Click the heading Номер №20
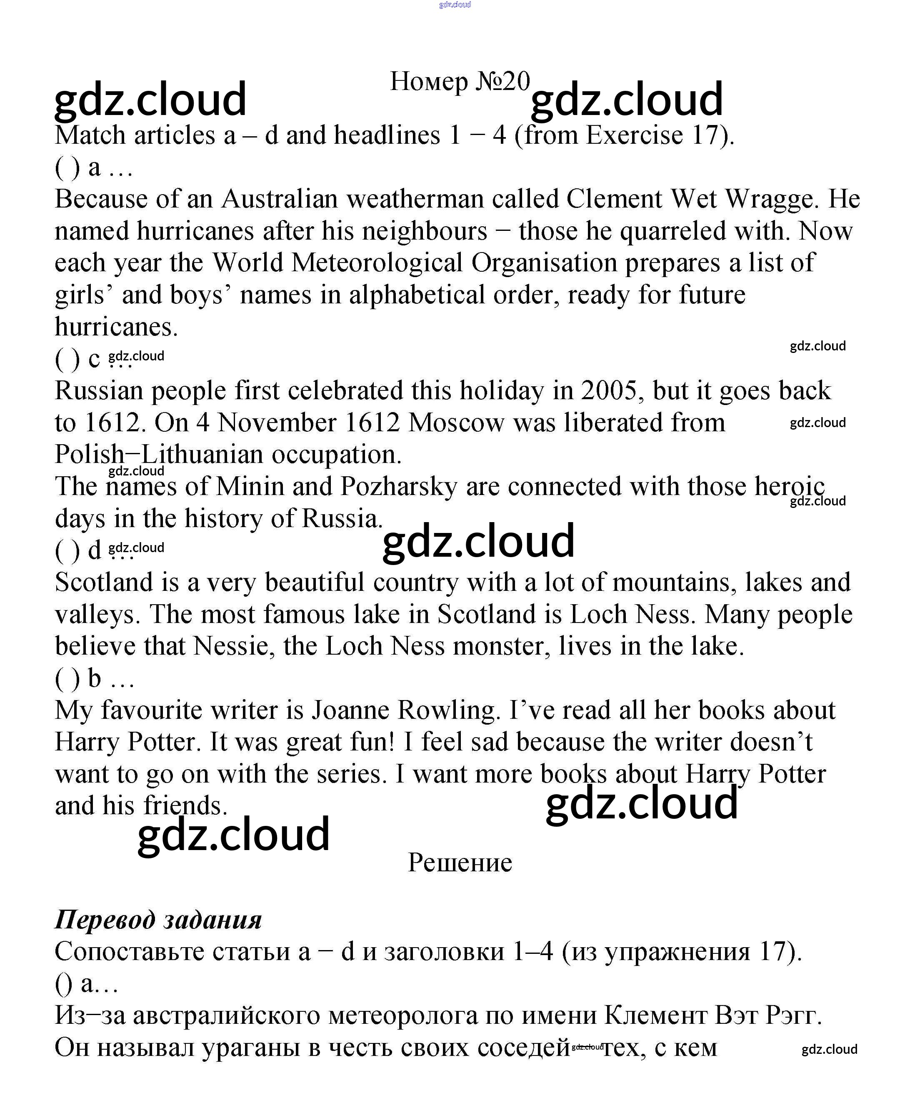point(460,81)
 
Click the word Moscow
point(455,423)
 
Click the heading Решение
point(460,862)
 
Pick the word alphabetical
point(417,295)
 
